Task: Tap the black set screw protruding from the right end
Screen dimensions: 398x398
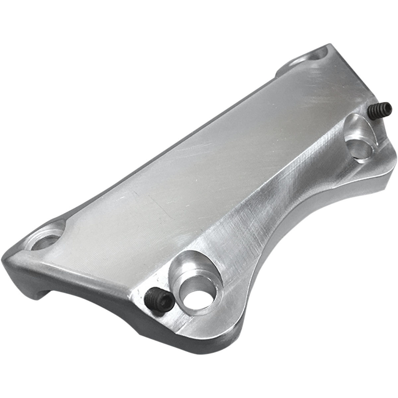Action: [381, 109]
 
